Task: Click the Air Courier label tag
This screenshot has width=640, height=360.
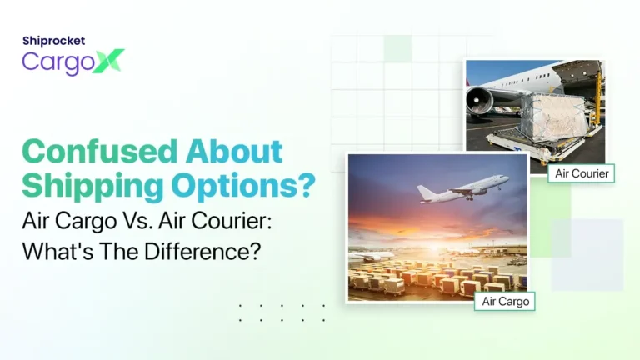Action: click(x=583, y=173)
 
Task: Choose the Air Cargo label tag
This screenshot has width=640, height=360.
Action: click(x=504, y=301)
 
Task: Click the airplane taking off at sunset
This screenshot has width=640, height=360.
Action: click(x=463, y=190)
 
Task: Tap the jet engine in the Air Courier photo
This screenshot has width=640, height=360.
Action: click(x=481, y=102)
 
